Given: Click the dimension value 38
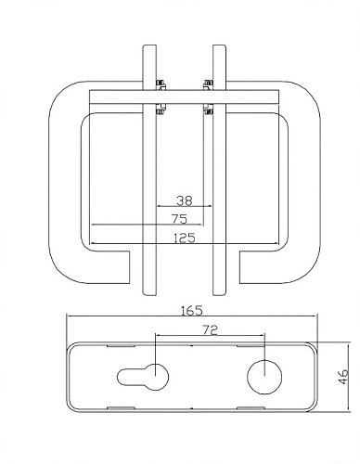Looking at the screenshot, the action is [185, 200].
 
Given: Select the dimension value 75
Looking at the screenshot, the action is [180, 219].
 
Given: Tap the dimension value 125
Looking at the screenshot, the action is [185, 238].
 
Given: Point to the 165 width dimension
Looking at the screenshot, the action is [192, 311].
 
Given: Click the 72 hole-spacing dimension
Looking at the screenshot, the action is [211, 329].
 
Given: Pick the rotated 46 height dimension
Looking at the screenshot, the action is [343, 377].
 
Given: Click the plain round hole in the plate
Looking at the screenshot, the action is [264, 377].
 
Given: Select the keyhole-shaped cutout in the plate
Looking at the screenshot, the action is [143, 377].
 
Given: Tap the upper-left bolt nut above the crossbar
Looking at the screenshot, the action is [161, 84].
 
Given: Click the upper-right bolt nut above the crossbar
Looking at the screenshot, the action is [209, 84].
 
